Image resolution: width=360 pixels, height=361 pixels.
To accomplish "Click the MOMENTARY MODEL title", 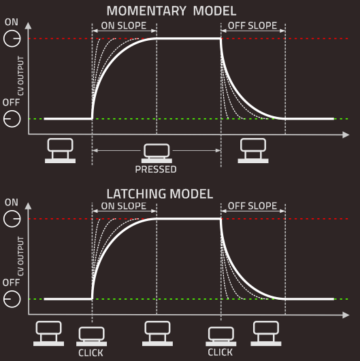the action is pyautogui.click(x=171, y=11).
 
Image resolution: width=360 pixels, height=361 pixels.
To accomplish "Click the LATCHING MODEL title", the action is pyautogui.click(x=160, y=194).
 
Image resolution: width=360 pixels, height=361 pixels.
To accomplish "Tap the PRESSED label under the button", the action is pyautogui.click(x=156, y=169).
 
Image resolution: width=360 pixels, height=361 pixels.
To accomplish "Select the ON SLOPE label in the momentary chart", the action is pyautogui.click(x=124, y=26).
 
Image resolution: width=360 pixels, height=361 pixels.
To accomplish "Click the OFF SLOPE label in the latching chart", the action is pyautogui.click(x=252, y=206).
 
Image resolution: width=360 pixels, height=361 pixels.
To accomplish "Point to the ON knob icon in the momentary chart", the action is pyautogui.click(x=12, y=39).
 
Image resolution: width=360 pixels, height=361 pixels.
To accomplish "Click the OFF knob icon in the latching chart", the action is pyautogui.click(x=12, y=299).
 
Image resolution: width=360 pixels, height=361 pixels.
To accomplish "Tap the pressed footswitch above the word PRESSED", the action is pyautogui.click(x=157, y=154).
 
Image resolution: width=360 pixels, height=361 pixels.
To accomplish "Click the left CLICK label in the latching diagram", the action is pyautogui.click(x=91, y=353).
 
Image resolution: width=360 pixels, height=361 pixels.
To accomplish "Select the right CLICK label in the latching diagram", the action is pyautogui.click(x=220, y=352).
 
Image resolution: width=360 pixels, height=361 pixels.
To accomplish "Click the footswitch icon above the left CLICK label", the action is pyautogui.click(x=91, y=336).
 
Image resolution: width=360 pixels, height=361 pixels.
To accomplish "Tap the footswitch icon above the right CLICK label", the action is pyautogui.click(x=220, y=336).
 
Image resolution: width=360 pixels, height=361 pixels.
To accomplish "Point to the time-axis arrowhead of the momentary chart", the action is pyautogui.click(x=346, y=135).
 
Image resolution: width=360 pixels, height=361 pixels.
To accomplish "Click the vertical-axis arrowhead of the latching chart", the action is pyautogui.click(x=28, y=206).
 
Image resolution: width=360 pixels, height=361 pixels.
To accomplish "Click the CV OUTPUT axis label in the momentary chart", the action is pyautogui.click(x=20, y=76).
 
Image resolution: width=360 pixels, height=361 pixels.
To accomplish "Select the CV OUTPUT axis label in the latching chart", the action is pyautogui.click(x=20, y=256).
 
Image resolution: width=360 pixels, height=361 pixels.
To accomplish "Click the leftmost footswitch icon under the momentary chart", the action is pyautogui.click(x=60, y=150).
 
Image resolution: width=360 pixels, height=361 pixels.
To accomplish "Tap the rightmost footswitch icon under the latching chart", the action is pyautogui.click(x=266, y=333).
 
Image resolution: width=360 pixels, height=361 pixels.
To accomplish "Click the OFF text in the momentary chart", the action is pyautogui.click(x=11, y=102).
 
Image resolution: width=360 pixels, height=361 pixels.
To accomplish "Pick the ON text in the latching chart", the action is pyautogui.click(x=12, y=203).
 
